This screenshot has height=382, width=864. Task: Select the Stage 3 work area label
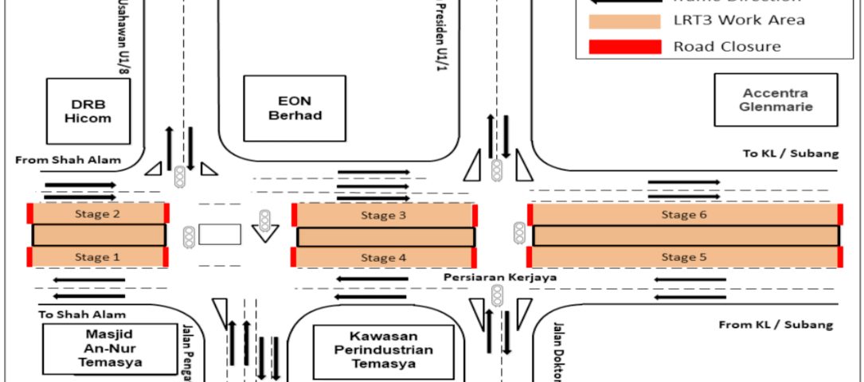[378, 215]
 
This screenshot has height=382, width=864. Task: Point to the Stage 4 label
[378, 258]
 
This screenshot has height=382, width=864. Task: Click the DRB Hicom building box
[94, 111]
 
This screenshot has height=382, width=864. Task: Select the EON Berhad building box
[295, 108]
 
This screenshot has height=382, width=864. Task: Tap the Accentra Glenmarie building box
[775, 99]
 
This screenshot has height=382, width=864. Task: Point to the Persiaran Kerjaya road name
[499, 277]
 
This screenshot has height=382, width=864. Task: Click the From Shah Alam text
[68, 160]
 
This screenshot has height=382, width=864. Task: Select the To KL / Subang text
[791, 154]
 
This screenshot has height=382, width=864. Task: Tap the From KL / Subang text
[776, 325]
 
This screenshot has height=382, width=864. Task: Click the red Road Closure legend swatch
[624, 47]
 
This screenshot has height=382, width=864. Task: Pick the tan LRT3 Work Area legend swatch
[624, 21]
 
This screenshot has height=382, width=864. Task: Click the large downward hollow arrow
[265, 232]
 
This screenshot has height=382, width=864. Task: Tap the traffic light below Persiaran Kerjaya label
[498, 298]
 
